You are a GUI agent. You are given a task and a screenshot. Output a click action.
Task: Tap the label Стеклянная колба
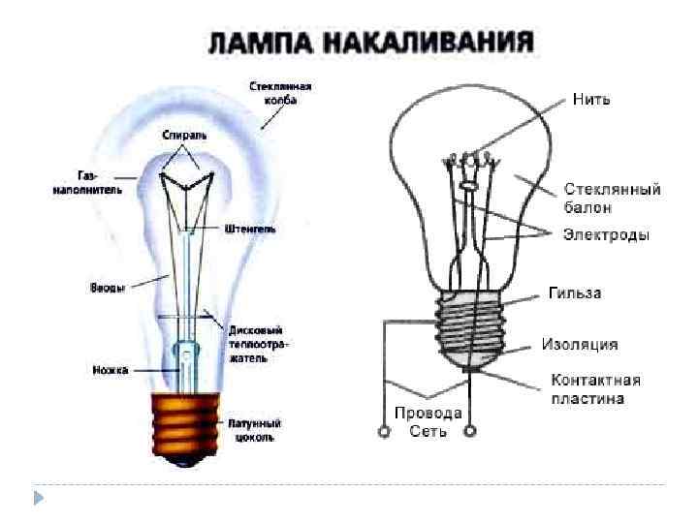coord(287,93)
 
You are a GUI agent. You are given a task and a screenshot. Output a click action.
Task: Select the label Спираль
coord(184,135)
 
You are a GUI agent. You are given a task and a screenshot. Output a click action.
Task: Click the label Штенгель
coord(251,230)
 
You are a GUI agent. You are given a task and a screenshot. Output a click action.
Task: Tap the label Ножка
coord(108,369)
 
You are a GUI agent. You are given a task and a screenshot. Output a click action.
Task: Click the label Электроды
coord(607,234)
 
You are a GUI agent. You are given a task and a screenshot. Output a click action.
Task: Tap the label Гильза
coord(574,293)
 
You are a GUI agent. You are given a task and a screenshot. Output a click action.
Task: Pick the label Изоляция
coord(580,345)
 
